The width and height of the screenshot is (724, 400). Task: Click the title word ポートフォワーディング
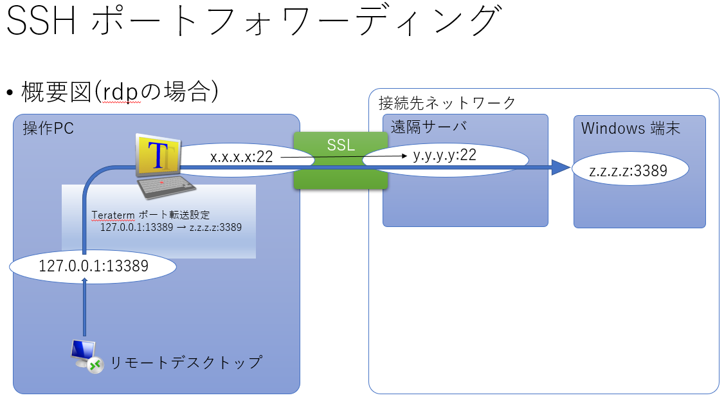pos(294,23)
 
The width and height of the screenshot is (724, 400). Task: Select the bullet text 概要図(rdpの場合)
pos(120,92)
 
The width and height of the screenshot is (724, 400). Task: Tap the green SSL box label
pos(341,145)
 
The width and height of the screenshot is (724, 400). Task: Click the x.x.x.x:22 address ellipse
pos(241,157)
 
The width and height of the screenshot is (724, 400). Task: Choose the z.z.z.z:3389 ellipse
pos(629,170)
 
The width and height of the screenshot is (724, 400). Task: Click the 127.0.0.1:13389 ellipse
pos(93,266)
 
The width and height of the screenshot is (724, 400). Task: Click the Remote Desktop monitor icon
pos(86,356)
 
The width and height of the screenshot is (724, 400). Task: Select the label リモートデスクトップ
pos(186,362)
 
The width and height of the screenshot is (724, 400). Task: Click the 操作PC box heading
pos(48,128)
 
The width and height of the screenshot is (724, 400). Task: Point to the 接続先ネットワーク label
pos(447,102)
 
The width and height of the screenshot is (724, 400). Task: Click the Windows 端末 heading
pos(631,128)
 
